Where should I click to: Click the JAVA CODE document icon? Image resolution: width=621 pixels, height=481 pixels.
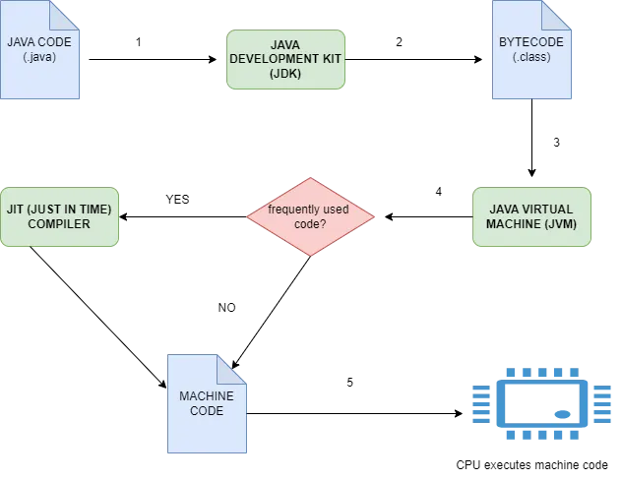39,51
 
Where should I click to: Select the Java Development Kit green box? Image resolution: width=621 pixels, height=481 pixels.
286,60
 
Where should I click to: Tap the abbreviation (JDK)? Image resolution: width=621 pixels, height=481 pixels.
286,74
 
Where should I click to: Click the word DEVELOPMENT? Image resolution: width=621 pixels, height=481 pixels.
286,59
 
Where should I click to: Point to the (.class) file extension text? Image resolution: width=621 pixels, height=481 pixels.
531,56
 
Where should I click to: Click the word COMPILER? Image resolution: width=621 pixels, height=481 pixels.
59,224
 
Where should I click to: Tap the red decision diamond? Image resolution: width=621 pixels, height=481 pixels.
311,216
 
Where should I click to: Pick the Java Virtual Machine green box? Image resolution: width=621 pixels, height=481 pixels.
531,216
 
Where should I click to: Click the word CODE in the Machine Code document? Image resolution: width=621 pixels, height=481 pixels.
208,410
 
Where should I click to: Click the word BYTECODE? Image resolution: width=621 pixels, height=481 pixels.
531,42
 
